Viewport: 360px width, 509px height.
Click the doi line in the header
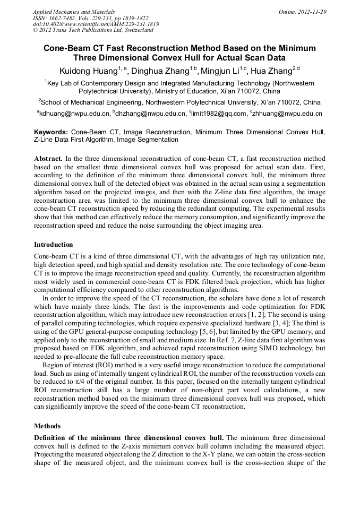(x=96, y=24)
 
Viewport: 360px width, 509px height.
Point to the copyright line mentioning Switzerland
(x=93, y=30)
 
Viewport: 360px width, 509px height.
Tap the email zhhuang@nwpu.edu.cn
(x=289, y=113)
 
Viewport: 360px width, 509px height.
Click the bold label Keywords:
(x=51, y=132)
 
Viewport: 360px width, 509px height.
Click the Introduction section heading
(x=54, y=245)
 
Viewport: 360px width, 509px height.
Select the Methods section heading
(x=47, y=426)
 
